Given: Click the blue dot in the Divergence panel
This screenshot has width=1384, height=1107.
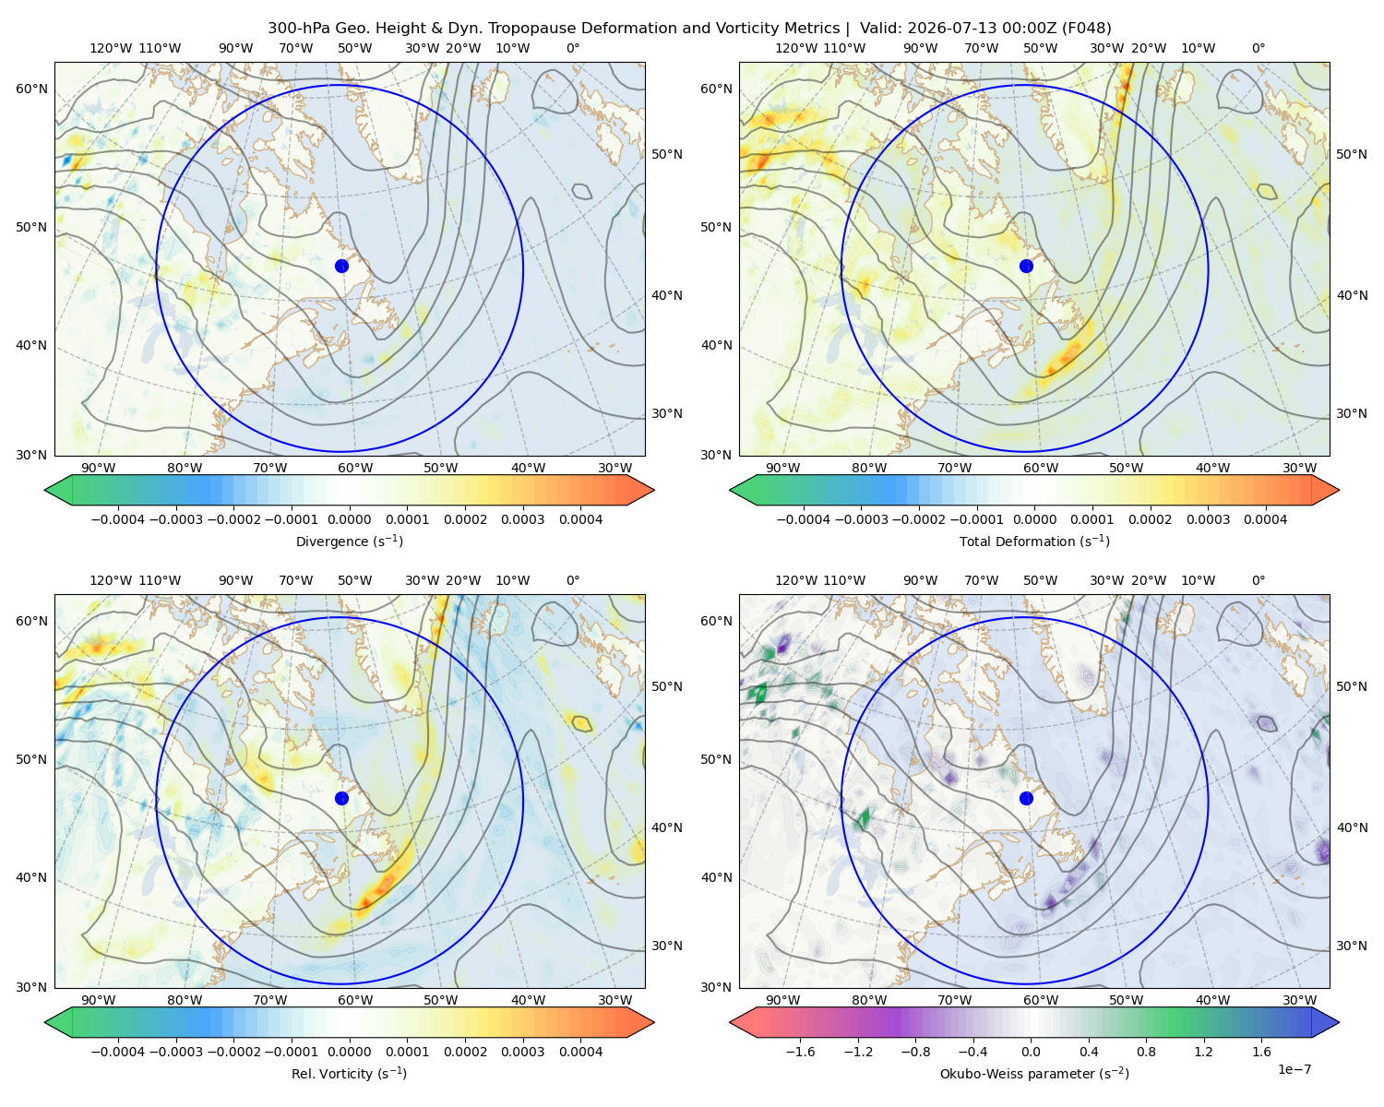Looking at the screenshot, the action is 341,266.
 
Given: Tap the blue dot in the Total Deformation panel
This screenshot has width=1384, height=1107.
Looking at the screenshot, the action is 1026,266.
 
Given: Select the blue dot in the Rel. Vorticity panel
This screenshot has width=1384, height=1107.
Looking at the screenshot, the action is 341,798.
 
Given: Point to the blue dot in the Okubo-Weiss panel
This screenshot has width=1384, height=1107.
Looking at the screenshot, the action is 1026,798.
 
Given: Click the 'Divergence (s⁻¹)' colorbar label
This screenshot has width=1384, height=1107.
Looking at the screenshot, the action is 349,541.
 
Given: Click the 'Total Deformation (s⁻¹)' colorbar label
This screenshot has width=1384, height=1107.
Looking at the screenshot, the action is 1034,541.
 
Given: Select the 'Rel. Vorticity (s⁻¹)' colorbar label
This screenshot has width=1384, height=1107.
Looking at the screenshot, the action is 349,1074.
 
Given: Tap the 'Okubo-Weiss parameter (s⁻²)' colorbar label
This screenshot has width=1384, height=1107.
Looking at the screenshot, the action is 1034,1074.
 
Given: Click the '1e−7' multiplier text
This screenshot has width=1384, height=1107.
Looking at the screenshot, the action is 1294,1069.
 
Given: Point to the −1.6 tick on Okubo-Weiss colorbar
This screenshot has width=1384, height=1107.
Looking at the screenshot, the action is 800,1052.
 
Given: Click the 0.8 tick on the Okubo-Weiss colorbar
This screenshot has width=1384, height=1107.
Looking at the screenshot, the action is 1146,1052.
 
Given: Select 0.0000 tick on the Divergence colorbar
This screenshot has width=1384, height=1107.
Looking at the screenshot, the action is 349,519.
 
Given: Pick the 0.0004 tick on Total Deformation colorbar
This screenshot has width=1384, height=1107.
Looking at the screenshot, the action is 1265,519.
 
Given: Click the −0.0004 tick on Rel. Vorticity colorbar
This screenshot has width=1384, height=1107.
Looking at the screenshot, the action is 118,1052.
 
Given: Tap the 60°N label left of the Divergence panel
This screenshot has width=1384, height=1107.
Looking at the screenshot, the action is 31,89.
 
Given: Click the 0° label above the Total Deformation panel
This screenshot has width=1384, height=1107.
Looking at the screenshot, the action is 1258,48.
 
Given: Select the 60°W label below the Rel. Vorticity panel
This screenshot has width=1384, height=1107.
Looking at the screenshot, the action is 355,1000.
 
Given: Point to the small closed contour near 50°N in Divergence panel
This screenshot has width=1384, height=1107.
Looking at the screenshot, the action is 581,191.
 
